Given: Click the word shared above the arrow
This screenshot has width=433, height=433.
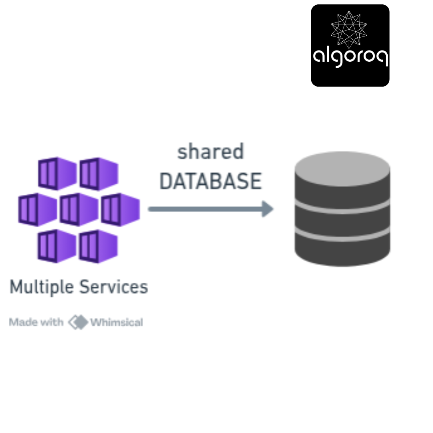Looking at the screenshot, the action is point(210,152).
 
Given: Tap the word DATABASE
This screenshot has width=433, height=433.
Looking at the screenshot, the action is point(210,181).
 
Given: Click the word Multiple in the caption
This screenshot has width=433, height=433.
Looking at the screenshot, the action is point(42,287).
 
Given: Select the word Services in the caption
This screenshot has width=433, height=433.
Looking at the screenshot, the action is point(114,287).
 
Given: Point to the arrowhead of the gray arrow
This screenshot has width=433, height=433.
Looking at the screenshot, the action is point(267,209).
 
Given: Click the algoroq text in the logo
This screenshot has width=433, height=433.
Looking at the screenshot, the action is point(350,57).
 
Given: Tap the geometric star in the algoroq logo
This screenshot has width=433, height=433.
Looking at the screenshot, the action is point(349,29).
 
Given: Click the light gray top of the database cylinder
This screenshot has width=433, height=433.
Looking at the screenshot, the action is point(342,168).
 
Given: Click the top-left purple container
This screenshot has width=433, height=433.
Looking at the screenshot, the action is point(57,174).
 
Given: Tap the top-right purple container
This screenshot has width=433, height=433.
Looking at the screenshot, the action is point(99,174).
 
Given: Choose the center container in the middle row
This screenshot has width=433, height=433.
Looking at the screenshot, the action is point(79,210).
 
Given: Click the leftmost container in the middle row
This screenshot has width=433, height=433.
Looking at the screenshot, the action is point(38,210).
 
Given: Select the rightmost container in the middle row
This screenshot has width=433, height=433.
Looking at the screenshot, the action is point(120,210).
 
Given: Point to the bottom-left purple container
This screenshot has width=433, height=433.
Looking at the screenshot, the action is point(57,246).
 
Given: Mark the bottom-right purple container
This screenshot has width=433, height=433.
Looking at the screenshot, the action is point(98,246).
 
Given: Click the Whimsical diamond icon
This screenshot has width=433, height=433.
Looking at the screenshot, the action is point(78,322).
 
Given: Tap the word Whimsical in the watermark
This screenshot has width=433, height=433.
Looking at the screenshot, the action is point(117,322).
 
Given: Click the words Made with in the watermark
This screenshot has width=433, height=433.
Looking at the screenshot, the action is point(36,322).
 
